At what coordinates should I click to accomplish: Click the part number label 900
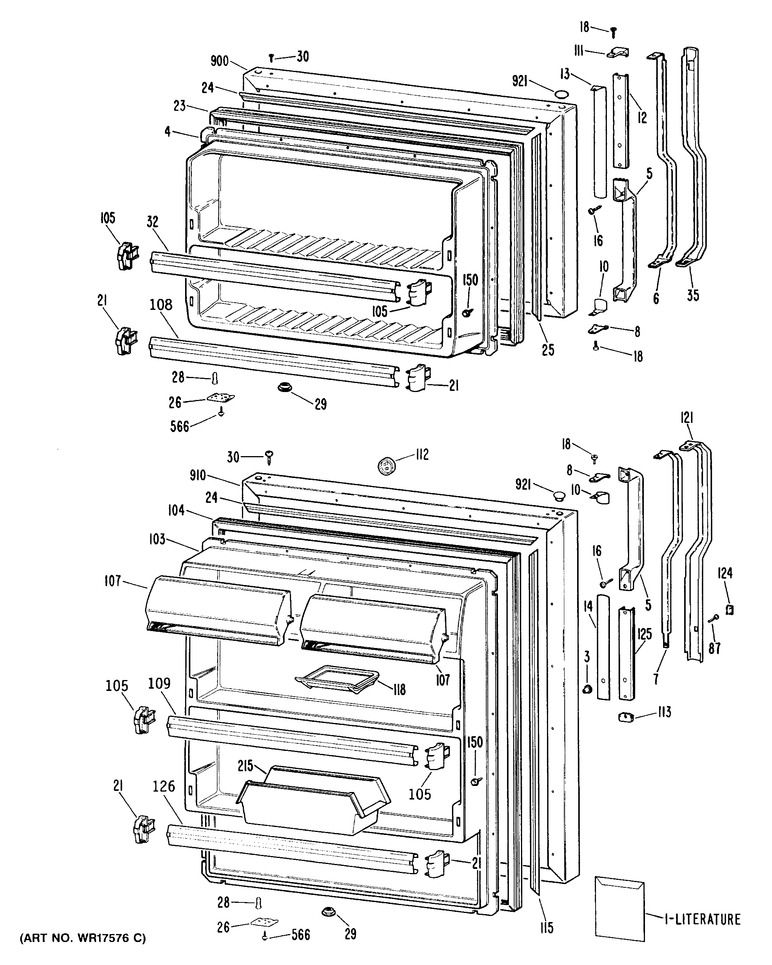tap(219, 61)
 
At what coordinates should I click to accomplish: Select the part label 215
tap(246, 766)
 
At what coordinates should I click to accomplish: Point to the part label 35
tap(693, 296)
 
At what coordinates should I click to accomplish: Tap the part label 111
tap(579, 52)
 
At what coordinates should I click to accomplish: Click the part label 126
tap(164, 786)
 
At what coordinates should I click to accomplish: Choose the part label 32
tap(153, 222)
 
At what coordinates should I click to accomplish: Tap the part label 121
tap(687, 418)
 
